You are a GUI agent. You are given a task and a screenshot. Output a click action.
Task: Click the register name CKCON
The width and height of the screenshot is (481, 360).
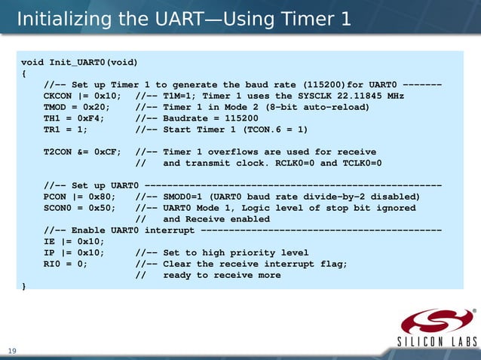(59, 96)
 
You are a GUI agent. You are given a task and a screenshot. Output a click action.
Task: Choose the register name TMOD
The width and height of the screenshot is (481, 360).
(56, 108)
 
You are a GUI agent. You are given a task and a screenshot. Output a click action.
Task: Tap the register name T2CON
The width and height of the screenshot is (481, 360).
(59, 151)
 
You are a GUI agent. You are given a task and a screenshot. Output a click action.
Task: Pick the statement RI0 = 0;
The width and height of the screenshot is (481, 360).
(65, 264)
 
